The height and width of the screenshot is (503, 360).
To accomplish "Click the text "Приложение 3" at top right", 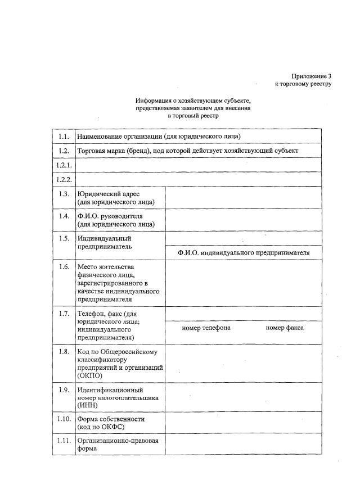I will (x=312, y=76).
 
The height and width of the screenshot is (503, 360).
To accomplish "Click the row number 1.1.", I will (x=64, y=137).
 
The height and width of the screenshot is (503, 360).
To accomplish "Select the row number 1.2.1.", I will (x=64, y=165).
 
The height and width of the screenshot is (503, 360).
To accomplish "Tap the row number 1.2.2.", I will (x=64, y=180).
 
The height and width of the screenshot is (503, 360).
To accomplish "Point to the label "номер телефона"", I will (x=206, y=328).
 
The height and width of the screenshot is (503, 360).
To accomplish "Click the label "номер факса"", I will (x=285, y=328).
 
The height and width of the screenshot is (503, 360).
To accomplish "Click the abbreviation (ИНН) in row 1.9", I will (x=88, y=405).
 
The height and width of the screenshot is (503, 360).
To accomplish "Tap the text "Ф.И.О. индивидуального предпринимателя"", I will (x=244, y=253).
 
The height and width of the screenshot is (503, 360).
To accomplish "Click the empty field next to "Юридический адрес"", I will (x=243, y=198).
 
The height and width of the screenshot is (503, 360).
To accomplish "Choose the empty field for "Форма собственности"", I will (x=243, y=423).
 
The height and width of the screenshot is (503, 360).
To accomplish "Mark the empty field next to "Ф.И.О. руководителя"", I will (x=243, y=220).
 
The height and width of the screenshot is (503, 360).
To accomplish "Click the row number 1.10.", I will (x=64, y=419).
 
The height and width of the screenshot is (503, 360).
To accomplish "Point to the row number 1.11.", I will (x=64, y=441).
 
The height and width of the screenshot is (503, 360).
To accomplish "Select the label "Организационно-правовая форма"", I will (x=118, y=445).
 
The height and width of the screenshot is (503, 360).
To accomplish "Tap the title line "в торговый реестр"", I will (x=192, y=115).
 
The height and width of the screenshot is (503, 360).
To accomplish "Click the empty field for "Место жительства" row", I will (x=243, y=283).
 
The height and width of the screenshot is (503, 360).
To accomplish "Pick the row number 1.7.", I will (x=64, y=313).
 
